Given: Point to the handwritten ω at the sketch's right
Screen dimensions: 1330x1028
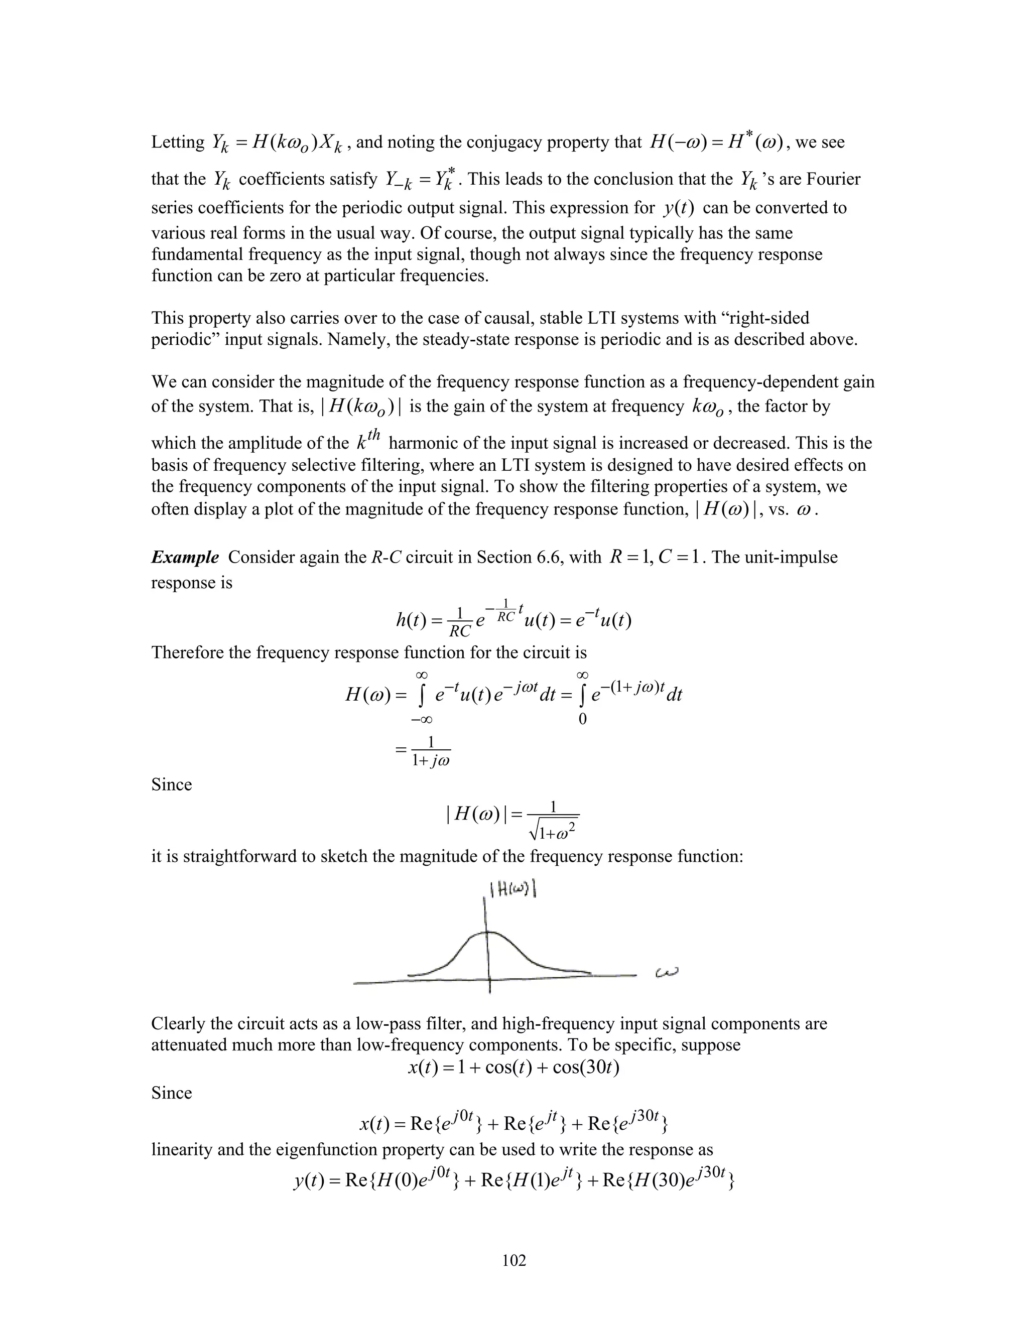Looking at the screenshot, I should [x=667, y=973].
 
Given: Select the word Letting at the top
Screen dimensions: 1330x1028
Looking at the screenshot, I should [x=178, y=143].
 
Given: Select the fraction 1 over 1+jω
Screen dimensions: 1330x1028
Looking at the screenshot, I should [x=431, y=751].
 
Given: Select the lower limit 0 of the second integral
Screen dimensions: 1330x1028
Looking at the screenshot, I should [x=582, y=720].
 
